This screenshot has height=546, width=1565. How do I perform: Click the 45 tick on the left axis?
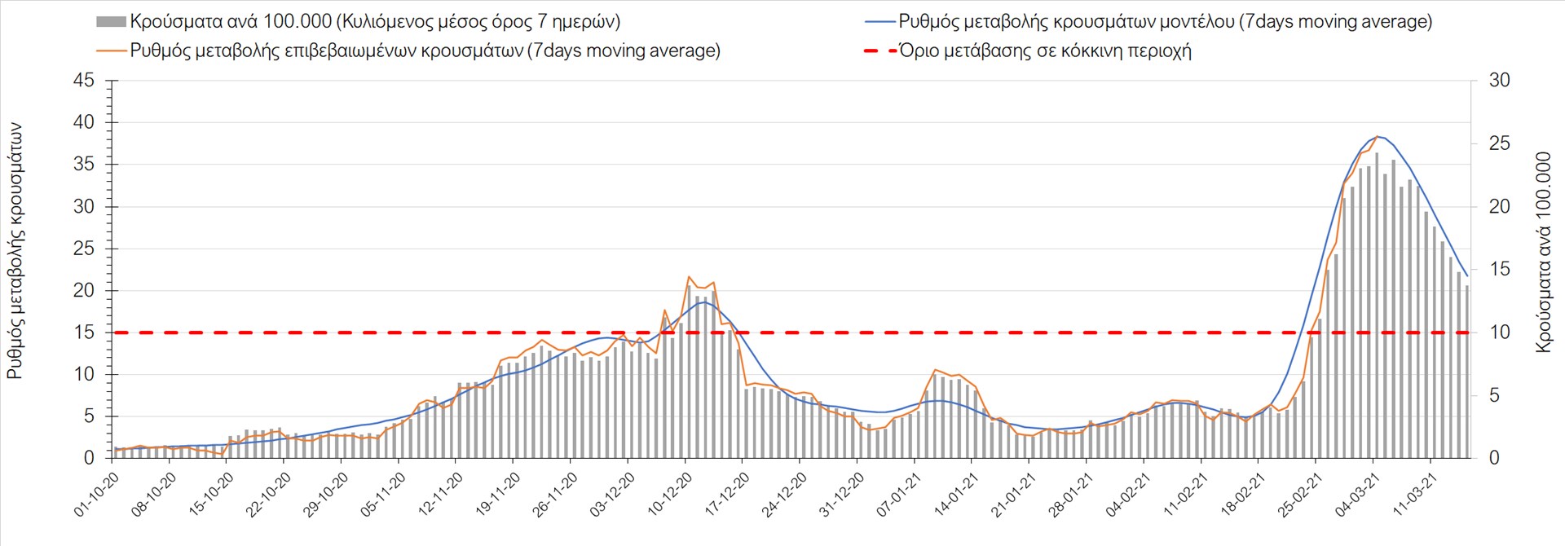(84, 81)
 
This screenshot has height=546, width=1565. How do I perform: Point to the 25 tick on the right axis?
(1499, 143)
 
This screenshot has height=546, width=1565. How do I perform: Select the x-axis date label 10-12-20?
(670, 494)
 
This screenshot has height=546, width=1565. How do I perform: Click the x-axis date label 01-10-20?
(97, 495)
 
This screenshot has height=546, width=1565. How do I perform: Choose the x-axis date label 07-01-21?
(899, 494)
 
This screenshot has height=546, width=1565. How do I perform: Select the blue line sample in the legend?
(879, 22)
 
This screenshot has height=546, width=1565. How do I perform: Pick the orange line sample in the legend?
(112, 51)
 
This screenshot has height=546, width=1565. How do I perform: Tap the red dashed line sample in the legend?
(879, 51)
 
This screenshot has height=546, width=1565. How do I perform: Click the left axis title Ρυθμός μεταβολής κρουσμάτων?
(15, 251)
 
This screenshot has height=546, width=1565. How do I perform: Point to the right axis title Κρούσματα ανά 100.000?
(1542, 251)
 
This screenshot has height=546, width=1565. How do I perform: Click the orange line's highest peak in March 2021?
(1377, 136)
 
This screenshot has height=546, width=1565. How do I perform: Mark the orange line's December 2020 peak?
(689, 277)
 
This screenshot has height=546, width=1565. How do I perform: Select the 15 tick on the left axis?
(84, 332)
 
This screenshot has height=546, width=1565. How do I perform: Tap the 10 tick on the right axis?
(1499, 332)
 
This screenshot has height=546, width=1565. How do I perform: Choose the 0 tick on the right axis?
(1494, 458)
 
